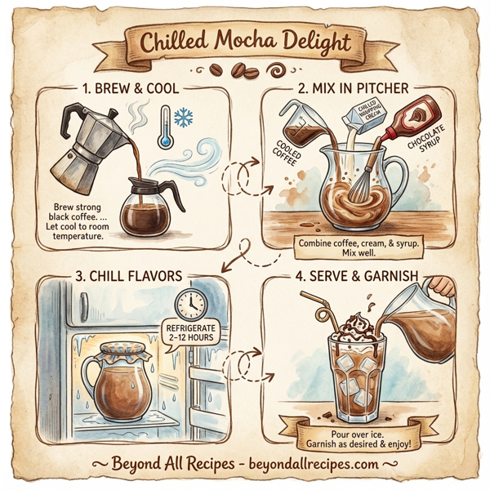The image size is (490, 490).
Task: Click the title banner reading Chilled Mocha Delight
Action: (244, 42)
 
